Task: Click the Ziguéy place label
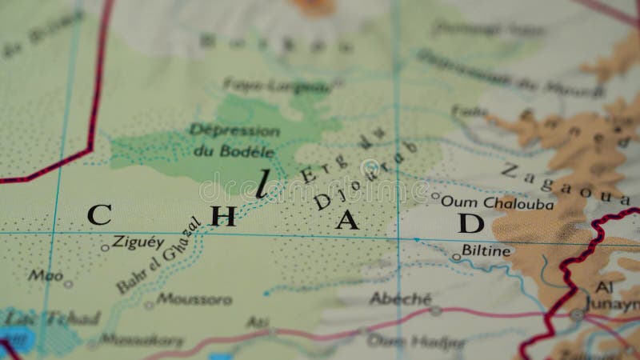point(138,241)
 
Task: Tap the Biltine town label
point(486,250)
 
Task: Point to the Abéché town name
point(400,298)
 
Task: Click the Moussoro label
point(194,299)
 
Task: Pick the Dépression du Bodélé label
point(234,140)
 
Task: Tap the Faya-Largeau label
point(275,85)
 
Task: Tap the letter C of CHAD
point(98,214)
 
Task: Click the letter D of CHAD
point(470,222)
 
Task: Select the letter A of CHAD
point(346,219)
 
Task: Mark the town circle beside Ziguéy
point(105,247)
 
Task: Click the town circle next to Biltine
point(455,258)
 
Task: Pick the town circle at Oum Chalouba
point(435,195)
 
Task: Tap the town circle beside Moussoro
point(149,305)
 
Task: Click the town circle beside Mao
point(68,283)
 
